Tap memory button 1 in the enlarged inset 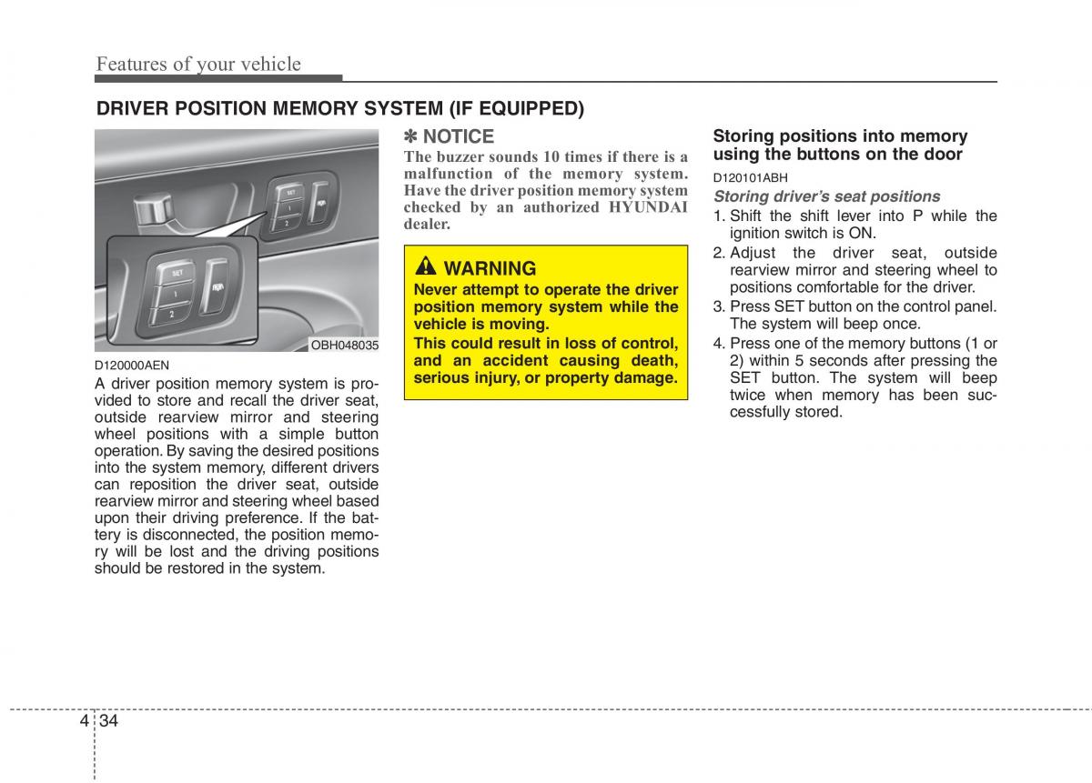(172, 293)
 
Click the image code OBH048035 (345, 346)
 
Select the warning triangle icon (426, 267)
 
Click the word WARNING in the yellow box (490, 268)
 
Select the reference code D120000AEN (131, 366)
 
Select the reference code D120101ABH (750, 178)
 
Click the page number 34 (110, 721)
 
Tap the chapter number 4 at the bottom (84, 721)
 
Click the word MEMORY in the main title (316, 109)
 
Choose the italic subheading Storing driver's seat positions (826, 196)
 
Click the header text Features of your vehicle (198, 64)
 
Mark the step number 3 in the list (718, 306)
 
